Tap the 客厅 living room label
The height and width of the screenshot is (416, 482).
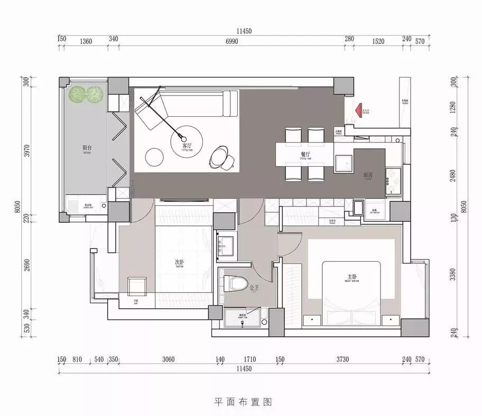pyautogui.click(x=186, y=145)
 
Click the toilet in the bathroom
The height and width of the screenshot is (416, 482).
pyautogui.click(x=236, y=284)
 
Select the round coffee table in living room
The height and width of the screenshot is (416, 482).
pyautogui.click(x=187, y=139)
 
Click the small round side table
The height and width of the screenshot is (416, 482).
pyautogui.click(x=155, y=156)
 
